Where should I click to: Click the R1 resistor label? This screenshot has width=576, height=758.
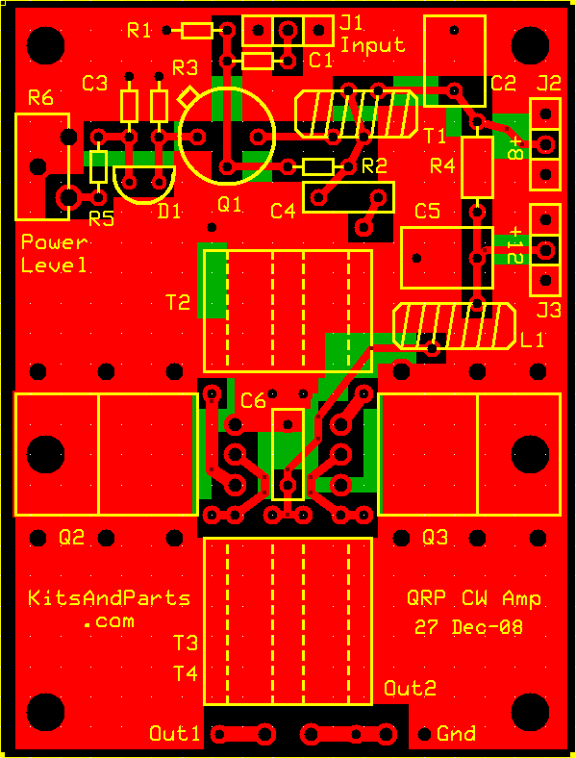tap(138, 31)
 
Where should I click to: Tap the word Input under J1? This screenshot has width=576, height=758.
tap(372, 45)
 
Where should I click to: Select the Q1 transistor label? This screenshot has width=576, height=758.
tap(229, 205)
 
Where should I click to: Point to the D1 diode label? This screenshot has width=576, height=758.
tap(169, 212)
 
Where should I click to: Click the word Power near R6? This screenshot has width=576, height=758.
tap(55, 242)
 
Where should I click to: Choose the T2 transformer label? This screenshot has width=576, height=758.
tap(178, 303)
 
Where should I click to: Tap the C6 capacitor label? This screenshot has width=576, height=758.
tap(253, 400)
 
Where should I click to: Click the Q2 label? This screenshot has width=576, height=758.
tap(71, 537)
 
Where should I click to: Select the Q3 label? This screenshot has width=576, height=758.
tap(435, 537)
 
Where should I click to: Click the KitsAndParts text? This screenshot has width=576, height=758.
tap(109, 598)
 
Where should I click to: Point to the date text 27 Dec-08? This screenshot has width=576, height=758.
tap(468, 627)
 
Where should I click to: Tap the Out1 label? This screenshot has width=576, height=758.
tap(174, 733)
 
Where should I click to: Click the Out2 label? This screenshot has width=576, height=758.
tap(410, 688)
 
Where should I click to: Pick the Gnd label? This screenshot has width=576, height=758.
tap(456, 733)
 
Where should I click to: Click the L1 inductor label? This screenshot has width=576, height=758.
tap(532, 341)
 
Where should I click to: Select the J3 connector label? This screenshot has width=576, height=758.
tap(549, 311)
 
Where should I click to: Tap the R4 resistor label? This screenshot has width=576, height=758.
tap(442, 166)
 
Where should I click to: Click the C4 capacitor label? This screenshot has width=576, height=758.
tap(283, 211)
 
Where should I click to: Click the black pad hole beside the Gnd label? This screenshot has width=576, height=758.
tap(424, 734)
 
